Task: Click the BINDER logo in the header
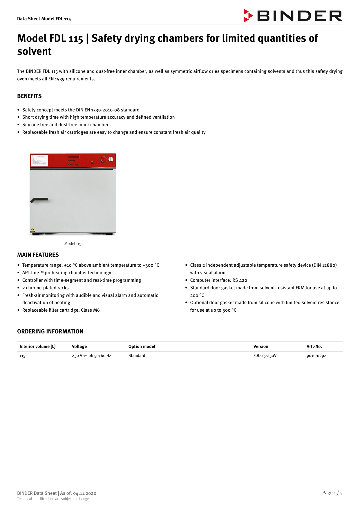(293, 16)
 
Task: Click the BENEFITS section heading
(29, 96)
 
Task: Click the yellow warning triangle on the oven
(32, 230)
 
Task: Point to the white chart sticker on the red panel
(39, 160)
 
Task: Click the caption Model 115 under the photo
(73, 243)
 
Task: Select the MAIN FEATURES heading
(38, 255)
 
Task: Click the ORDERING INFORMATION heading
(50, 331)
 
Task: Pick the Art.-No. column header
(314, 346)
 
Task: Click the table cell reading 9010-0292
(316, 356)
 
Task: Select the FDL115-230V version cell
(265, 356)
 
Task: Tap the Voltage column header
(79, 346)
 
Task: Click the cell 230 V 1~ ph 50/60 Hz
(91, 356)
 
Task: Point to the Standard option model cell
(137, 356)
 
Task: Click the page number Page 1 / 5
(332, 493)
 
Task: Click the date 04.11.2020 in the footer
(85, 493)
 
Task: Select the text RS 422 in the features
(240, 280)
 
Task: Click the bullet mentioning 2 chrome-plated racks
(46, 288)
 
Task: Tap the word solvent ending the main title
(34, 51)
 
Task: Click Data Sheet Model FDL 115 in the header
(44, 19)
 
